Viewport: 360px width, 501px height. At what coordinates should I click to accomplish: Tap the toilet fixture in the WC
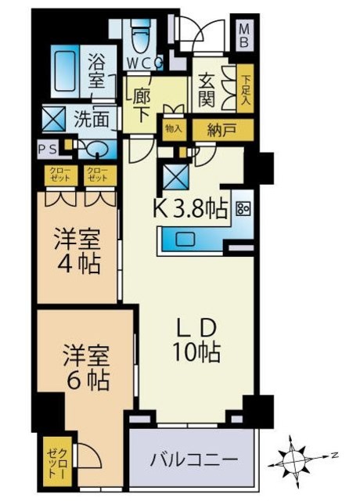click(x=142, y=35)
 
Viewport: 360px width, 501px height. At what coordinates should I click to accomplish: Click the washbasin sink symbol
click(x=94, y=148)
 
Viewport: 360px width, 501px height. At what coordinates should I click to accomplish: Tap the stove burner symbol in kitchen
click(x=242, y=208)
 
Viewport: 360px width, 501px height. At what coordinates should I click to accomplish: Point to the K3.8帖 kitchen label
click(x=189, y=208)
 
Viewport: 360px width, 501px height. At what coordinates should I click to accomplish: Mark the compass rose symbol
click(x=296, y=455)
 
